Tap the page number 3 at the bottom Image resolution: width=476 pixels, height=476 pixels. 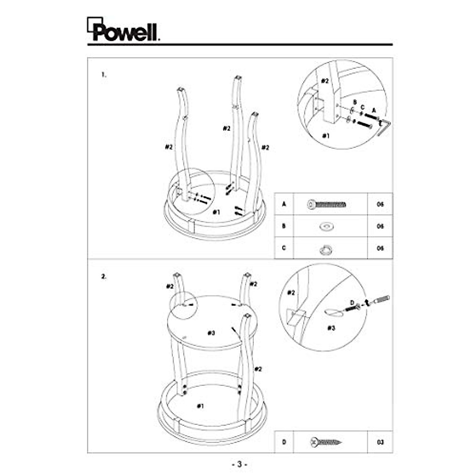239,464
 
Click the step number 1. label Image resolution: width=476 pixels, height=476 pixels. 104,75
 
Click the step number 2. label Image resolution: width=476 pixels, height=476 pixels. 104,277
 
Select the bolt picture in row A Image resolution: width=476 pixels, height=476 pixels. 326,205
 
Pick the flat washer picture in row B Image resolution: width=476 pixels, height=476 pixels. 326,226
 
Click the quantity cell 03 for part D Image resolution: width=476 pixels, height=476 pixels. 380,441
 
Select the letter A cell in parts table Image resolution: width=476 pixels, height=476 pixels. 284,204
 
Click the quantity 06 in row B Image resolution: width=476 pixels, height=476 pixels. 380,226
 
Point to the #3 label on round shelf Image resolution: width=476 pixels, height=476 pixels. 211,333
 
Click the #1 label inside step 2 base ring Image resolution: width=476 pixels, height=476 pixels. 200,405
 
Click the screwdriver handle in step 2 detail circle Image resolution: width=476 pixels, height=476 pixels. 382,299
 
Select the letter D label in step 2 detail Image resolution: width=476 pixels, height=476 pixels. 351,303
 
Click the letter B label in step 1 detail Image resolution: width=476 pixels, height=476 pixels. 355,102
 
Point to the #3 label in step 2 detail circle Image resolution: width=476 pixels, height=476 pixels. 332,328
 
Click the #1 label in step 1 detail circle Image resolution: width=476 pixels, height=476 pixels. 326,136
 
